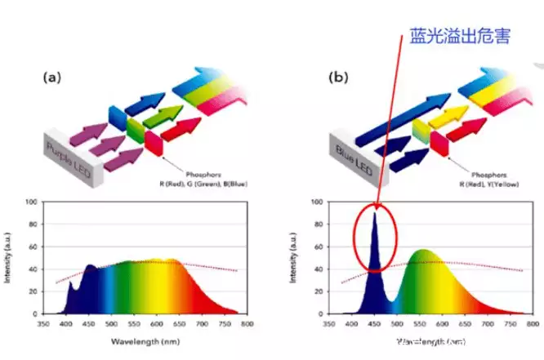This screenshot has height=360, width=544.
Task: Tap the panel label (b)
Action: [337, 78]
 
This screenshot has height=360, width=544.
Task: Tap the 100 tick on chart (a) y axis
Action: [30, 201]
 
